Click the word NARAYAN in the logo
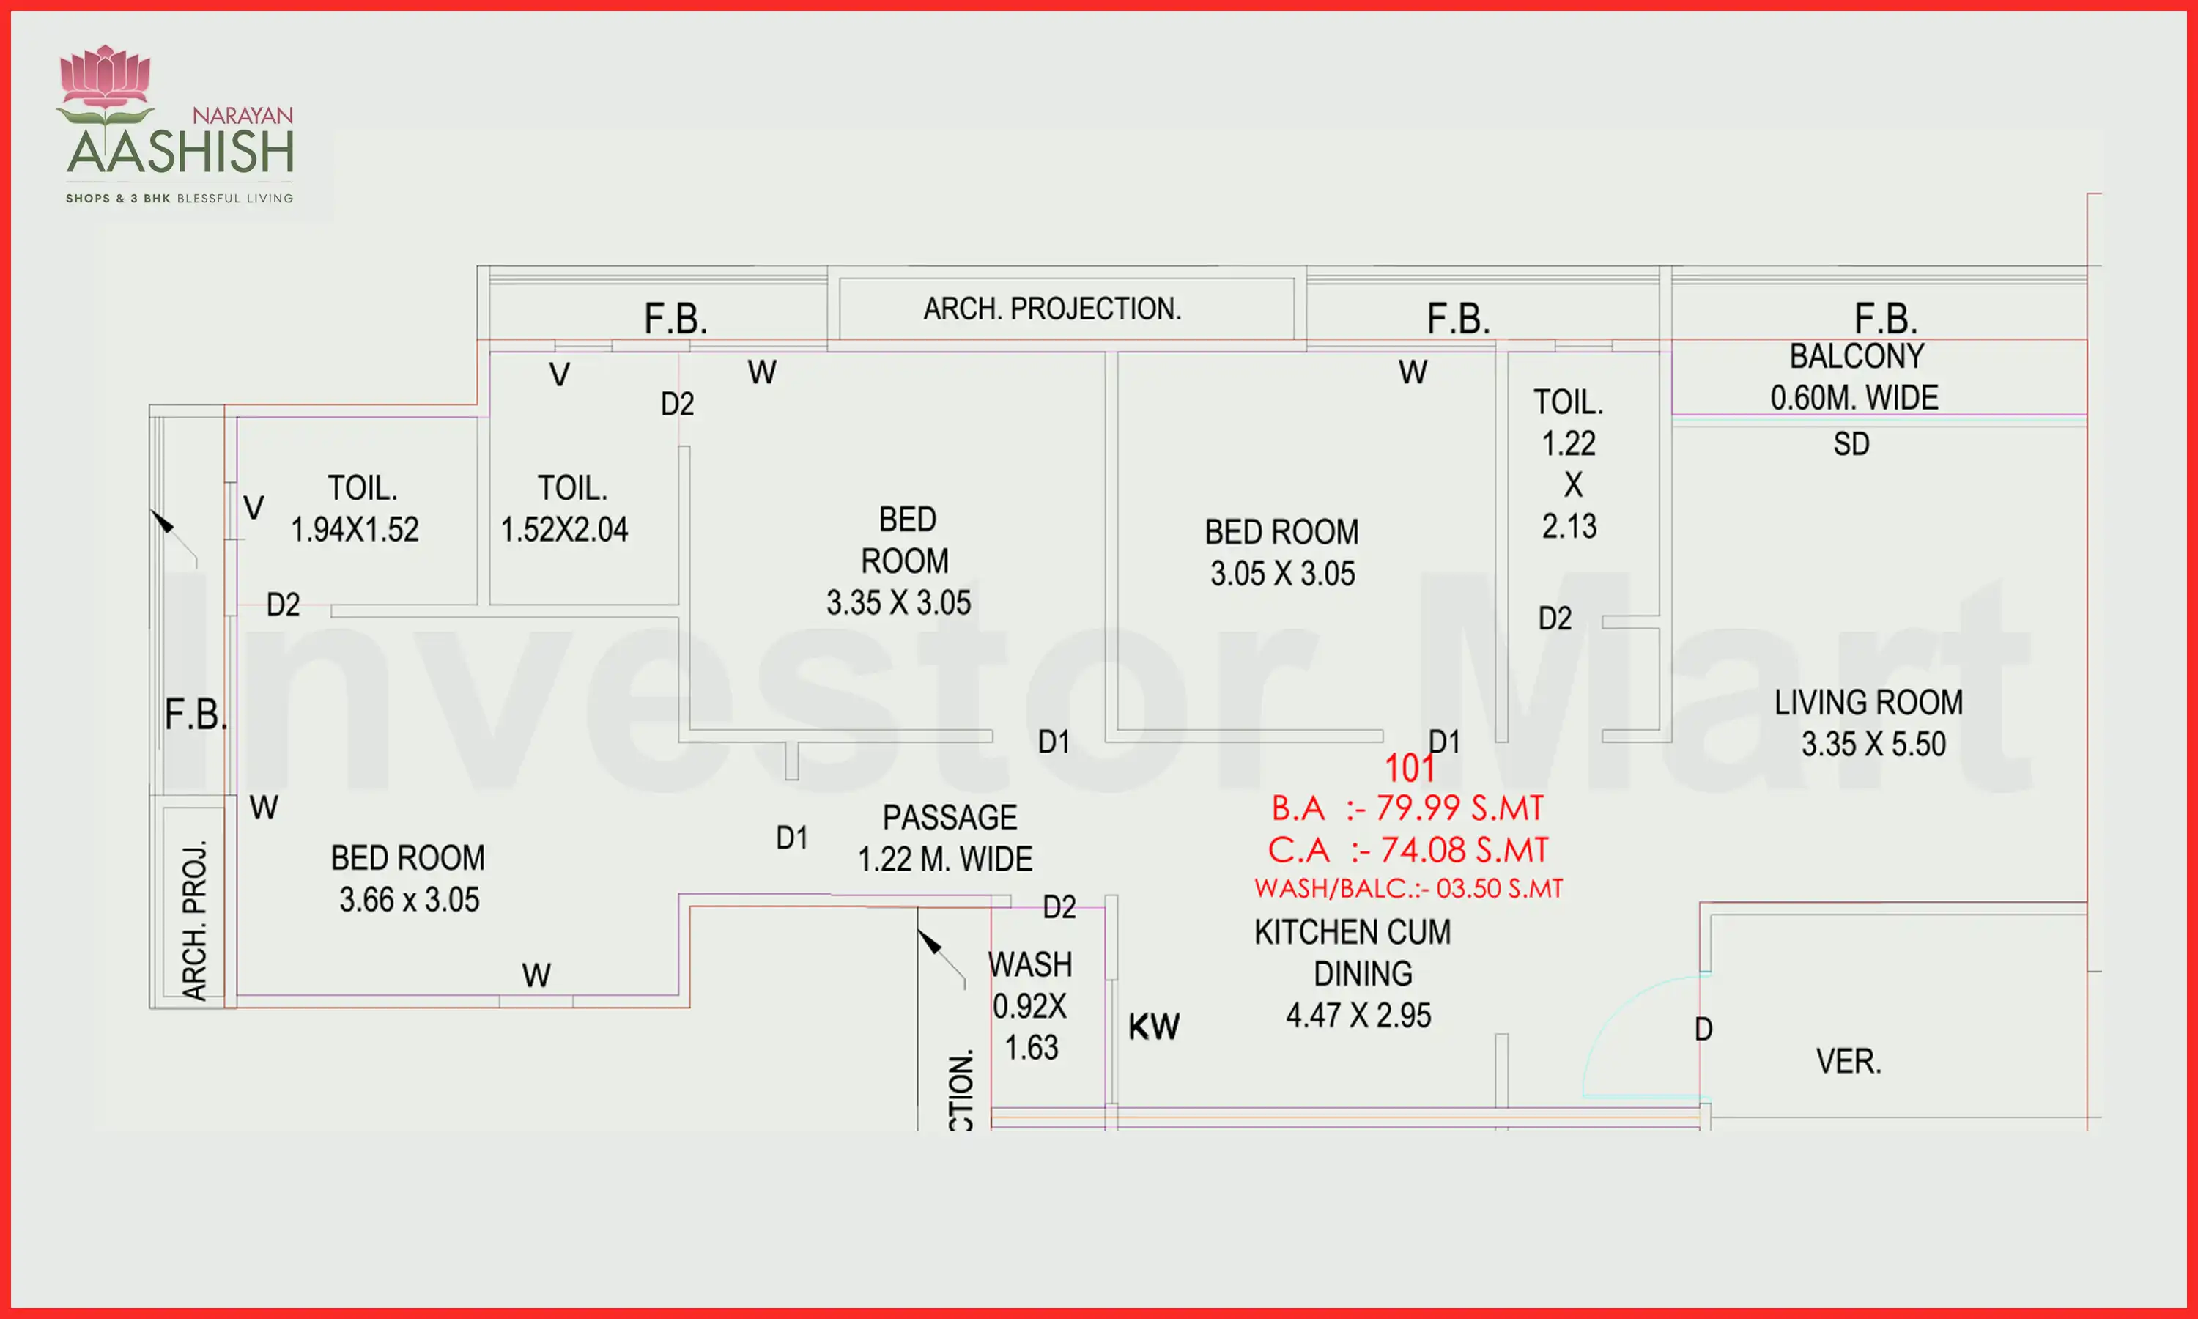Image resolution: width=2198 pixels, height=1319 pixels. [x=243, y=116]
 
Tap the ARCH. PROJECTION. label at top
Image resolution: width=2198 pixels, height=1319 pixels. [x=1053, y=308]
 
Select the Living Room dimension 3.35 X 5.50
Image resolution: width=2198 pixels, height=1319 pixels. [x=1873, y=744]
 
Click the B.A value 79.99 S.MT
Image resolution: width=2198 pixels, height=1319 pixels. [x=1459, y=808]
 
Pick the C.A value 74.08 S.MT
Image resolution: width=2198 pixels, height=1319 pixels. [x=1464, y=851]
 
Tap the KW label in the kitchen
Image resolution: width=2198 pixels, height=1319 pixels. [x=1154, y=1027]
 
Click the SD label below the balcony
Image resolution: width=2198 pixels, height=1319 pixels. [x=1851, y=443]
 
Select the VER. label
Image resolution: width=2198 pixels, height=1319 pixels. [x=1849, y=1061]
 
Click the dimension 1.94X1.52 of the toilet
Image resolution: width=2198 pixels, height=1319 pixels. [x=355, y=530]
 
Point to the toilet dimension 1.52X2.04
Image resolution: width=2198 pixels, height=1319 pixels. [x=564, y=530]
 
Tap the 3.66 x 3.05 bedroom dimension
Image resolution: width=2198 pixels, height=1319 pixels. [x=409, y=899]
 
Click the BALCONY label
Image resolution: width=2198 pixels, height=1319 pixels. [x=1857, y=356]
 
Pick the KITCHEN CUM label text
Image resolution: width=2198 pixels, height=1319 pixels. [x=1353, y=932]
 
